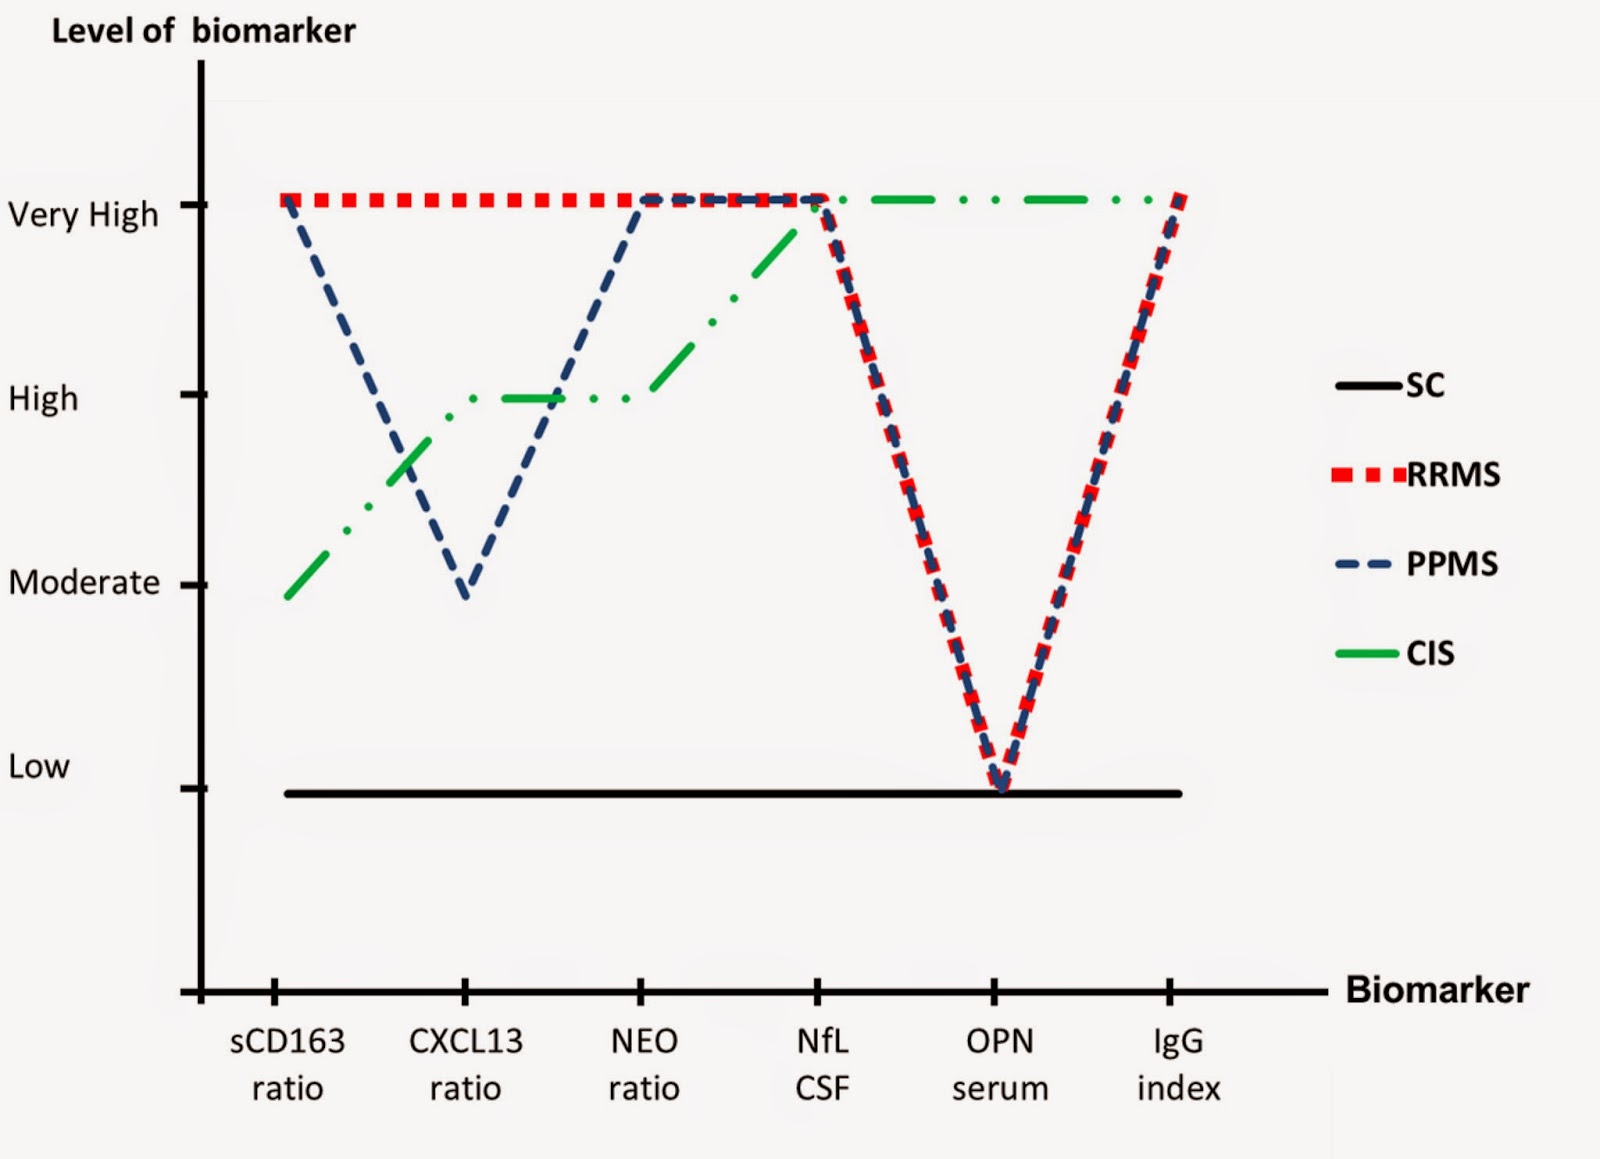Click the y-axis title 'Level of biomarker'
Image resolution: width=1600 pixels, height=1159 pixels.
tap(203, 31)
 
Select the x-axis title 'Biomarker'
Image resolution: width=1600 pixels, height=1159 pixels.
tap(1437, 989)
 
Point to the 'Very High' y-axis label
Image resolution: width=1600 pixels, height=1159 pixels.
tap(83, 214)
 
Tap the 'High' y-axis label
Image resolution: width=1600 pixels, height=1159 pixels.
tap(43, 398)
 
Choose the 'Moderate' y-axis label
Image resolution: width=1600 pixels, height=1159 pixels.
tap(84, 582)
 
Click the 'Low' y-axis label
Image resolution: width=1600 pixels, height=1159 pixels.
tap(39, 766)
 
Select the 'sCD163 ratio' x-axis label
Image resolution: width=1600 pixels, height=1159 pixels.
tap(287, 1064)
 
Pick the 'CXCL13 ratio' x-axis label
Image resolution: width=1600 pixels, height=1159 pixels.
tap(465, 1064)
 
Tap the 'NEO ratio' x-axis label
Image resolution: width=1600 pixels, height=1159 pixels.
tap(644, 1064)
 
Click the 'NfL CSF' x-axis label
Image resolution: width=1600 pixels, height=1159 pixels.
tap(822, 1064)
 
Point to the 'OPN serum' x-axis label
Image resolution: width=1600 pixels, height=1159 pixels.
tap(1000, 1064)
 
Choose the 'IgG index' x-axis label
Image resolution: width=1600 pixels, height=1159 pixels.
tap(1178, 1064)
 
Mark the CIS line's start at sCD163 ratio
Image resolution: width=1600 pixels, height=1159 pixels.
tap(287, 597)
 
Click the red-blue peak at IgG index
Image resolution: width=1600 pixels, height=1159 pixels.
tap(1181, 198)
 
